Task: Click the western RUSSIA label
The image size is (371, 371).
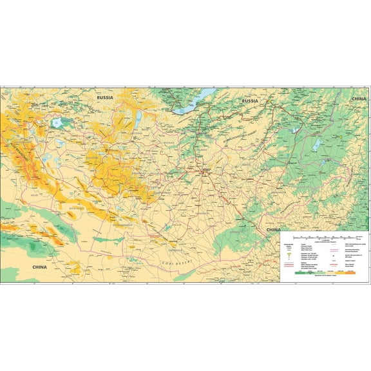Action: [105, 97]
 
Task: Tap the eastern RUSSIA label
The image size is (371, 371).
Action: [249, 102]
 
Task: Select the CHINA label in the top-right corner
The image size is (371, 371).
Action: [358, 98]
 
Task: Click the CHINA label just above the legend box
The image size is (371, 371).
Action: [273, 229]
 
